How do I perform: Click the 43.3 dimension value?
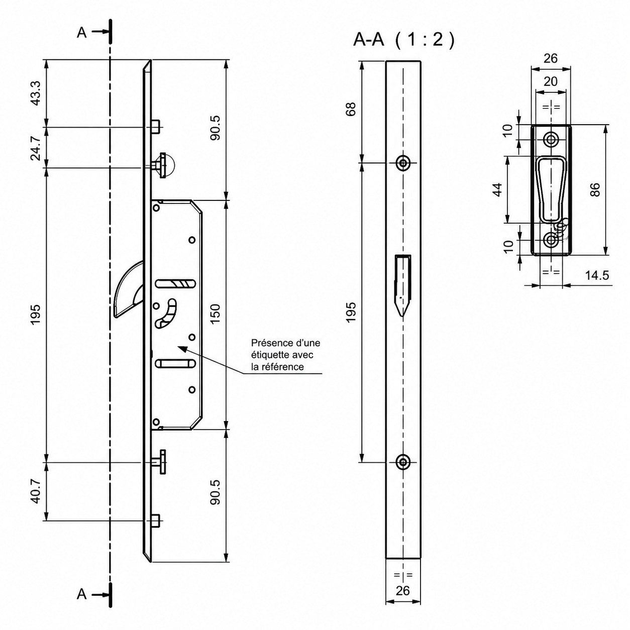tap(36, 93)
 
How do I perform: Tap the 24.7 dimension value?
tap(36, 148)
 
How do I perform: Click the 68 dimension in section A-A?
tap(350, 109)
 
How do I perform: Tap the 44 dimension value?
tap(497, 189)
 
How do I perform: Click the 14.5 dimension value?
tap(597, 275)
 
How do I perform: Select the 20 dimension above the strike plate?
tap(551, 81)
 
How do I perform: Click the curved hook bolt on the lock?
tap(128, 291)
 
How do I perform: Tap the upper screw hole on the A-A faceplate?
tap(403, 162)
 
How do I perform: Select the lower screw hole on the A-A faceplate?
tap(403, 462)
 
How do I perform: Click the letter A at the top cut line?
tap(82, 32)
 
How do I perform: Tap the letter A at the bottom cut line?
tap(82, 594)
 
